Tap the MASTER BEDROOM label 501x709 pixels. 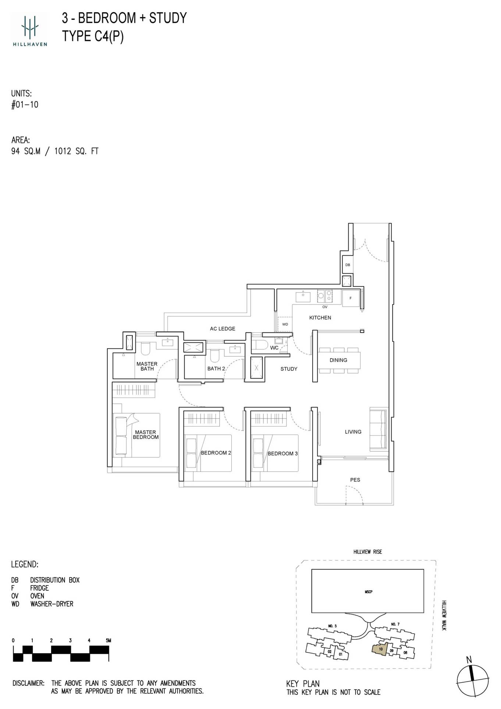(146, 435)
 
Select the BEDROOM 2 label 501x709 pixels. (216, 453)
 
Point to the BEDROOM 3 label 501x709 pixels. (283, 453)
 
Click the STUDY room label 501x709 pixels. (289, 369)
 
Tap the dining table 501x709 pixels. (339, 360)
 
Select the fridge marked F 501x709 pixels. (351, 298)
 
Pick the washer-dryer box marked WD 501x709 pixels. (285, 324)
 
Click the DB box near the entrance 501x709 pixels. (348, 265)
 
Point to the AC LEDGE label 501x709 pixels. (223, 329)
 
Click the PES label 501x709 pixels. (355, 480)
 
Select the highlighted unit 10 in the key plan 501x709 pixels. (380, 649)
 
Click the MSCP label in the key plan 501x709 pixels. (368, 592)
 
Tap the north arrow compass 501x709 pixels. (473, 677)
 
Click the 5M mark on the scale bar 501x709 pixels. (108, 640)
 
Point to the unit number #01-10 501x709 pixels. (25, 105)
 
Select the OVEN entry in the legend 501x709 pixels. (37, 596)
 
